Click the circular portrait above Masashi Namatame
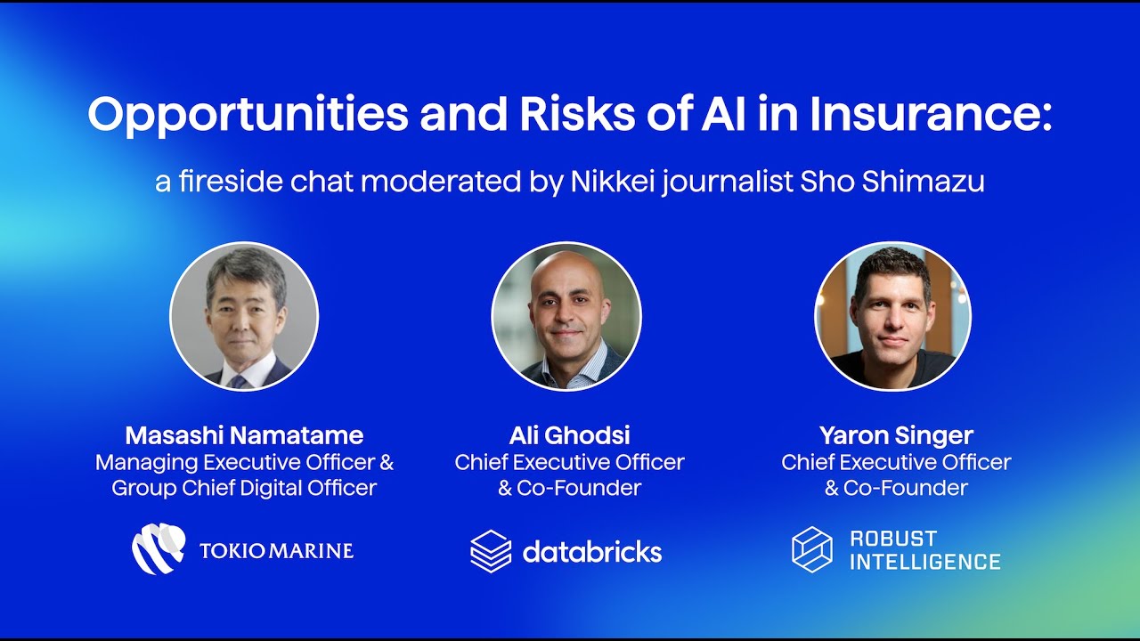point(244,317)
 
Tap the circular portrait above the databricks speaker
point(566,317)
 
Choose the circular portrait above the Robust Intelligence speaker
point(892,317)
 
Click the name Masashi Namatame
point(244,435)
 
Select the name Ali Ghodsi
point(569,435)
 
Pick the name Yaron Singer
point(896,435)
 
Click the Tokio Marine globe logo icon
point(159,548)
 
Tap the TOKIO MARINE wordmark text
point(276,550)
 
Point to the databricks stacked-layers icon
point(491,551)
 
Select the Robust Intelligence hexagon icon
point(812,549)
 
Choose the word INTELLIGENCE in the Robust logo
point(925,562)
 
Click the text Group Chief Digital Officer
point(244,488)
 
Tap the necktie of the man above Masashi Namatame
point(238,380)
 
